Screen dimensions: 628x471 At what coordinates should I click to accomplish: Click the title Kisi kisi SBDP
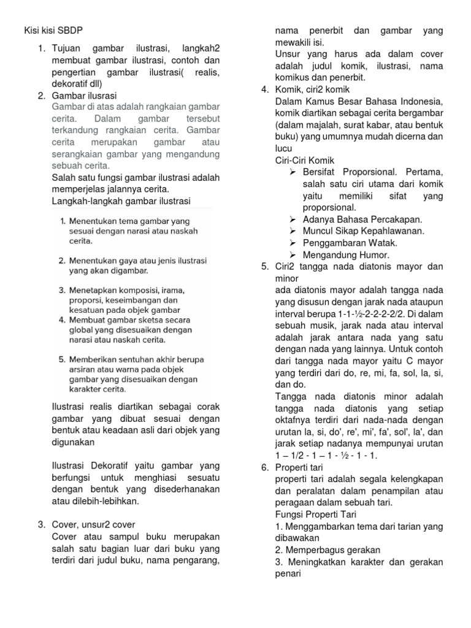click(x=55, y=30)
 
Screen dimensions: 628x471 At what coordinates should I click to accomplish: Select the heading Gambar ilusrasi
click(x=85, y=95)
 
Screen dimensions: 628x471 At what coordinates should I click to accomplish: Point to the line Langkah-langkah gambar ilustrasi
click(x=121, y=201)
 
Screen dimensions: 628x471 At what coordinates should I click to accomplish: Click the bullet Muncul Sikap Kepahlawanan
click(x=363, y=231)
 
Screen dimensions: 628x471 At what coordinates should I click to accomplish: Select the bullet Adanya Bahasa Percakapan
click(x=362, y=219)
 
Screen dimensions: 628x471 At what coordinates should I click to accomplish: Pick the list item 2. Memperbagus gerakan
click(x=327, y=549)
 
